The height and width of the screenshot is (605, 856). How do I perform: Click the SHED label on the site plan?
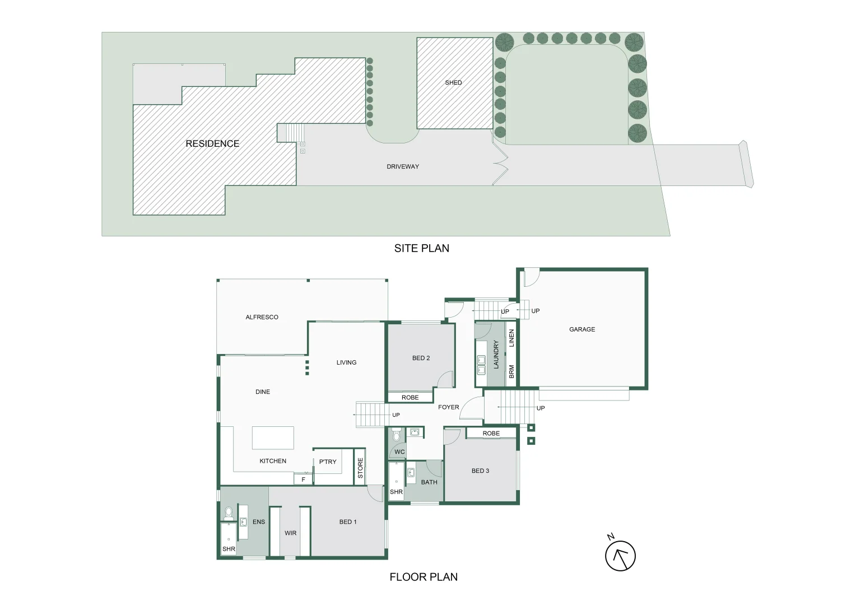pyautogui.click(x=453, y=83)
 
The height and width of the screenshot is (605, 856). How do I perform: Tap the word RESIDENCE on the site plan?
pyautogui.click(x=212, y=144)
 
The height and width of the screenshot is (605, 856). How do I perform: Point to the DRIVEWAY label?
pyautogui.click(x=403, y=167)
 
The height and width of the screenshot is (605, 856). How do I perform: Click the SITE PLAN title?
pyautogui.click(x=421, y=248)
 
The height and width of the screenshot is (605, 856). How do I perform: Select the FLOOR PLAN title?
pyautogui.click(x=424, y=577)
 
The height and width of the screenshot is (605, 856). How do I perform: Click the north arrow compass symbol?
pyautogui.click(x=620, y=556)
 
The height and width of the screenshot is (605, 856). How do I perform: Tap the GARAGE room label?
pyautogui.click(x=582, y=329)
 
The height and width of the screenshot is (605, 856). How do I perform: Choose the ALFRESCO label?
pyautogui.click(x=262, y=317)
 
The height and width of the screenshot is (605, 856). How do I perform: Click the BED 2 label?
pyautogui.click(x=421, y=358)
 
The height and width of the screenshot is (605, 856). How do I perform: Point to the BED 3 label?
pyautogui.click(x=480, y=471)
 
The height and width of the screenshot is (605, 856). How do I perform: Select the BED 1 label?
pyautogui.click(x=348, y=522)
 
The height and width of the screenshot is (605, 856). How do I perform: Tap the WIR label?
pyautogui.click(x=290, y=533)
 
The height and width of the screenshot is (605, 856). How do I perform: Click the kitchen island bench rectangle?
pyautogui.click(x=273, y=438)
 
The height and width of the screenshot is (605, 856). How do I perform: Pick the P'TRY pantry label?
pyautogui.click(x=328, y=462)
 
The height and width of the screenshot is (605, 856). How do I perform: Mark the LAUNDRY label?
pyautogui.click(x=496, y=355)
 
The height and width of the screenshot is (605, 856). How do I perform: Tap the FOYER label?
pyautogui.click(x=448, y=407)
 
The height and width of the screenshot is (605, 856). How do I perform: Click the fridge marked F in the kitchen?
pyautogui.click(x=304, y=480)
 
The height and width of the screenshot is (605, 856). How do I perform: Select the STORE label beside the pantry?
pyautogui.click(x=360, y=468)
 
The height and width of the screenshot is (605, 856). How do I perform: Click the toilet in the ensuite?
pyautogui.click(x=229, y=513)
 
